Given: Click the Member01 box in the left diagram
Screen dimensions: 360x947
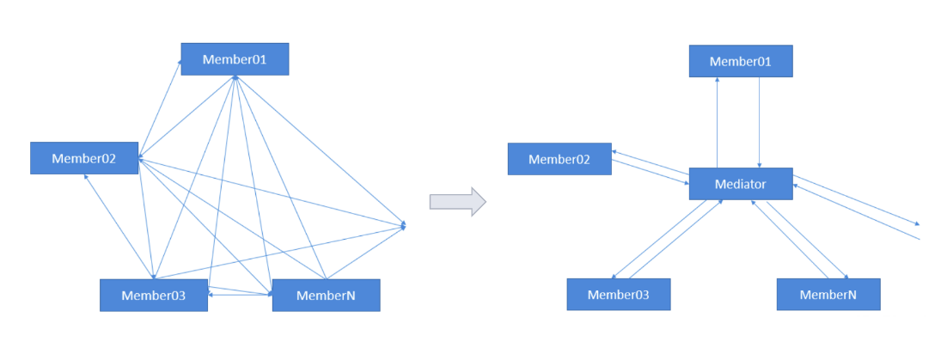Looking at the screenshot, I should (x=234, y=59).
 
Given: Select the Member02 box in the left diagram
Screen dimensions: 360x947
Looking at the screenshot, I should (x=83, y=158).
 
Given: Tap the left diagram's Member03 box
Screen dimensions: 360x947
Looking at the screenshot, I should (x=153, y=295).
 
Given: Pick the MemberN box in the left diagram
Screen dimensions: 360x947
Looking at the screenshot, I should (x=326, y=295).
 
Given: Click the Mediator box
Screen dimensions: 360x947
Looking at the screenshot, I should (x=740, y=184).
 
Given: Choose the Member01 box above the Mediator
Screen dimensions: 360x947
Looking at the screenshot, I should (x=740, y=62).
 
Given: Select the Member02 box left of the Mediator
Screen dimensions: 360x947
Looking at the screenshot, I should (x=559, y=159).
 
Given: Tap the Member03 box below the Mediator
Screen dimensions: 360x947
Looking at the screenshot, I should (x=618, y=295).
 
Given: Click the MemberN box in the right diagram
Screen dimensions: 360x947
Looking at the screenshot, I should (x=828, y=295).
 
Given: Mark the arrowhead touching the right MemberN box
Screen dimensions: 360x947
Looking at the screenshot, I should (x=846, y=277).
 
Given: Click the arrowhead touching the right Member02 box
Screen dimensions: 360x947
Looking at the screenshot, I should (x=615, y=152).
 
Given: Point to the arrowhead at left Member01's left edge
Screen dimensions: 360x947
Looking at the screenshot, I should (x=180, y=63).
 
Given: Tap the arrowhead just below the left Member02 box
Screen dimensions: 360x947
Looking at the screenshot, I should (x=86, y=177).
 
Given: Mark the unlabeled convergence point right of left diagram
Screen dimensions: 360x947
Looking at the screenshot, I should (x=404, y=225).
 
